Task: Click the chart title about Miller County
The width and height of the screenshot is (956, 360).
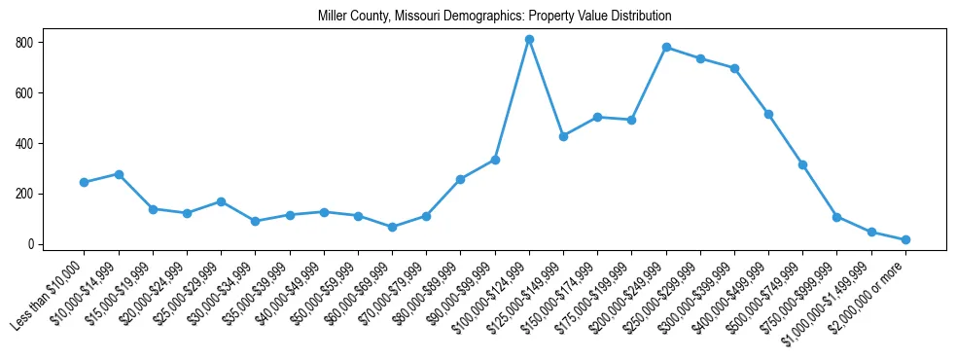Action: pos(494,17)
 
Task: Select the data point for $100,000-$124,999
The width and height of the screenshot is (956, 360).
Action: pos(529,40)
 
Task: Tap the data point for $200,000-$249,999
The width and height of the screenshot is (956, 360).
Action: pos(666,47)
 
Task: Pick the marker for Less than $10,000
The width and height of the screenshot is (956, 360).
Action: pos(85,182)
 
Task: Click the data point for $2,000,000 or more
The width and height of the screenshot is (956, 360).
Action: pos(905,239)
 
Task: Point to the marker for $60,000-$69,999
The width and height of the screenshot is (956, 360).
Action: pos(392,227)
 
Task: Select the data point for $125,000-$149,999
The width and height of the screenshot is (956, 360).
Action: pos(563,136)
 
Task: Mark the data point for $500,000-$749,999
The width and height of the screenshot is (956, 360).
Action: pos(803,164)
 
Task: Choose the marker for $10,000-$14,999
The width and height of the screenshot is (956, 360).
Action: pos(119,174)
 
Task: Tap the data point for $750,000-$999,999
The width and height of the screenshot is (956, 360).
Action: pos(837,217)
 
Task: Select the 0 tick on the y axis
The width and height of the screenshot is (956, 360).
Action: pos(34,244)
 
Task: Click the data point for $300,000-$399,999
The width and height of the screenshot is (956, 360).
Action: pos(734,68)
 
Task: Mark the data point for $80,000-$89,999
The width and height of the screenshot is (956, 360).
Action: pos(460,179)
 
